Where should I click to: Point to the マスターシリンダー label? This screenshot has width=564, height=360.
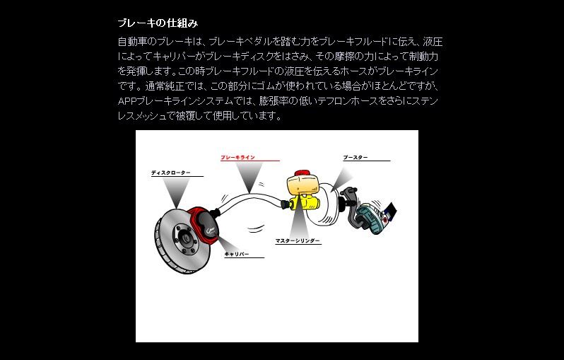[298, 241]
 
